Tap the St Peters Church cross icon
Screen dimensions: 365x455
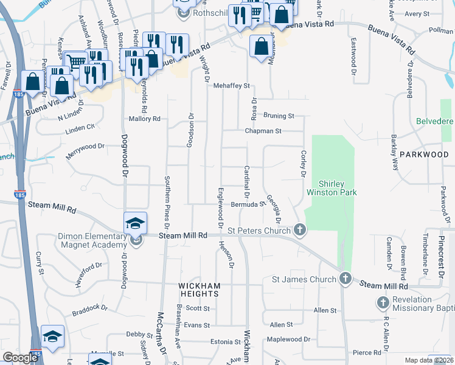[x=299, y=230]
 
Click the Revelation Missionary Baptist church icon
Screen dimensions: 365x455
[x=383, y=302]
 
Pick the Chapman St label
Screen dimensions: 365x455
[x=263, y=131]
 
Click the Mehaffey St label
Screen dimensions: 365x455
[x=232, y=86]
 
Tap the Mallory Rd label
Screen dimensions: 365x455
[x=144, y=119]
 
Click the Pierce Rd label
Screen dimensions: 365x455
[x=370, y=352]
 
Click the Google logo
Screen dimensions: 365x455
[x=20, y=358]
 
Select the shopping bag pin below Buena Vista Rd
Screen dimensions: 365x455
[x=261, y=46]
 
